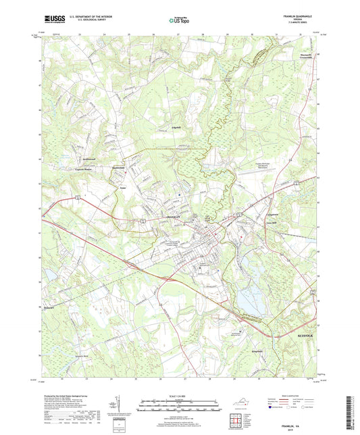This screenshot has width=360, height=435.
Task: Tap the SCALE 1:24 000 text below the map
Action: [x=180, y=395]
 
